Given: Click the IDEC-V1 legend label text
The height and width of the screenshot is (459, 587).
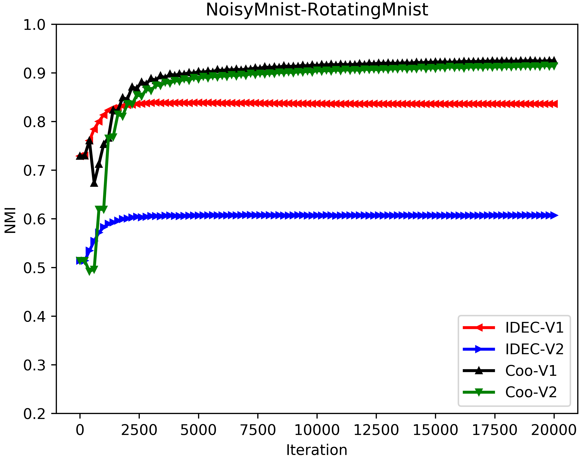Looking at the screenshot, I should pyautogui.click(x=534, y=328).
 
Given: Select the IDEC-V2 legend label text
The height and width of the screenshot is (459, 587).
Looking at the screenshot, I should pyautogui.click(x=534, y=349).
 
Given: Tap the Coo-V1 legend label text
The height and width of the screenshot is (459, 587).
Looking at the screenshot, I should pyautogui.click(x=531, y=371).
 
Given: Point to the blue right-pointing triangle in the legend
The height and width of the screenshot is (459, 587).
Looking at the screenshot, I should pyautogui.click(x=479, y=349).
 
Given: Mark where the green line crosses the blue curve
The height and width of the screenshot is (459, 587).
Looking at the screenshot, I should pyautogui.click(x=97, y=234).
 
